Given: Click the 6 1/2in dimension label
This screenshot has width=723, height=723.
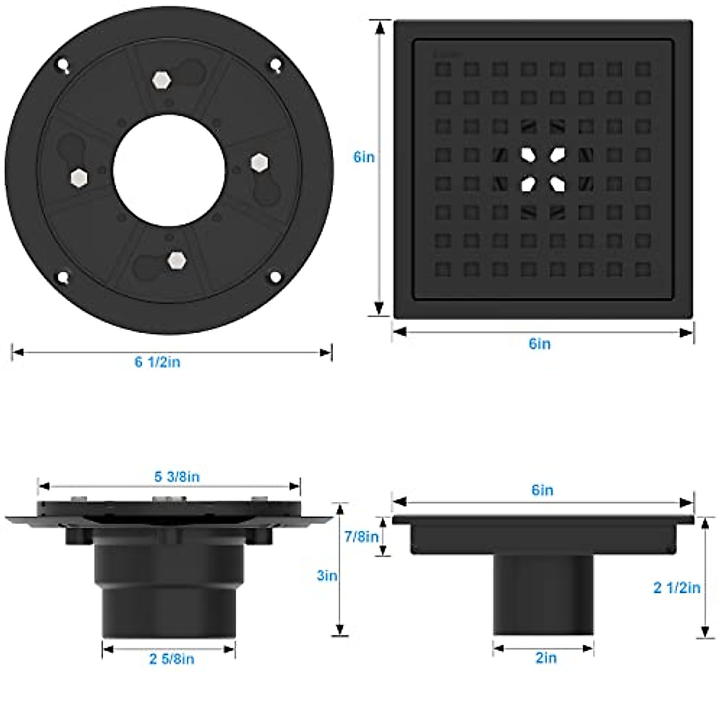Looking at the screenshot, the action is tap(158, 362).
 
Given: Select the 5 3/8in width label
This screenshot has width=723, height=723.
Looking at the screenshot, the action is tap(177, 477).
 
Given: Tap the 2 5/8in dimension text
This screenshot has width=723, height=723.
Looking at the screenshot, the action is tap(172, 659).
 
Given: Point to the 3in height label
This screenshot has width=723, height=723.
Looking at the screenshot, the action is tap(327, 575).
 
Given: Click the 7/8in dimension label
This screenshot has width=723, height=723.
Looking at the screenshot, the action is tap(361, 537).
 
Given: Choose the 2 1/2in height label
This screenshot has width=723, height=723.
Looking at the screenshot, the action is tap(677, 588).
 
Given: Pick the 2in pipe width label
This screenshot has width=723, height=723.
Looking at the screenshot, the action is tap(546, 658).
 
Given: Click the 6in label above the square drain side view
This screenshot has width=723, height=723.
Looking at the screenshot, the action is tap(542, 490).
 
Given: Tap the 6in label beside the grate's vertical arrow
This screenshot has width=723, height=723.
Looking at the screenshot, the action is tap(364, 157).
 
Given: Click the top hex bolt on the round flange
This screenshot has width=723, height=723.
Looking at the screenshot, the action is tap(161, 80).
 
